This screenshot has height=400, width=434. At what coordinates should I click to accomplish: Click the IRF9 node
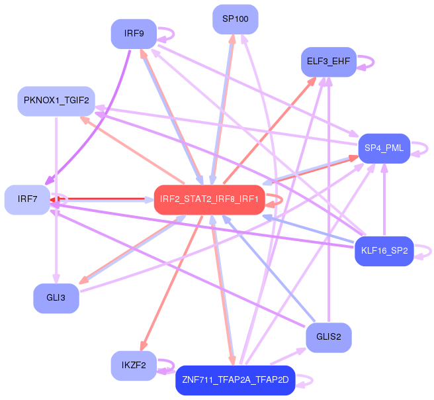click(x=134, y=34)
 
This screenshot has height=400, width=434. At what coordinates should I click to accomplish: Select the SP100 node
click(x=235, y=19)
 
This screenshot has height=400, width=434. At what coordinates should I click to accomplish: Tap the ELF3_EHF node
click(x=328, y=62)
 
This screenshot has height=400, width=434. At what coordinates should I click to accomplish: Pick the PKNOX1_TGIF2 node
click(x=56, y=101)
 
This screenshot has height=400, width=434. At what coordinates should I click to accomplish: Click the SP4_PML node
click(x=384, y=147)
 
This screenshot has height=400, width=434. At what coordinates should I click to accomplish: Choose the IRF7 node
click(x=27, y=199)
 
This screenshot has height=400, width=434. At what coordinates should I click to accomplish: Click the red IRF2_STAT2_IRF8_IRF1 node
click(x=209, y=199)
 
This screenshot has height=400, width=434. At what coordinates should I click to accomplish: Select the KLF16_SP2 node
click(x=384, y=251)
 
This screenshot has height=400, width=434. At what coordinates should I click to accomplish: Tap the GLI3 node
click(x=56, y=298)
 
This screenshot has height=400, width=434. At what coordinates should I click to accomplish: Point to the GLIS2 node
click(x=328, y=336)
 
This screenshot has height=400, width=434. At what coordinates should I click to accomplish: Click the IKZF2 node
click(x=134, y=365)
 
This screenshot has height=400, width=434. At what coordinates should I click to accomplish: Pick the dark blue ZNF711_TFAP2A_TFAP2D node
click(x=235, y=380)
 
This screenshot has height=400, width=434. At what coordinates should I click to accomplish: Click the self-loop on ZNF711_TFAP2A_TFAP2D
click(x=305, y=381)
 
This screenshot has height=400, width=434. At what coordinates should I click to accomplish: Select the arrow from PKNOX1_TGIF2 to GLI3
click(x=56, y=199)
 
